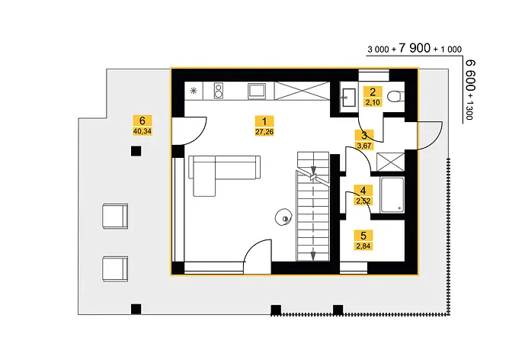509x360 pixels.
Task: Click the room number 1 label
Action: click(x=264, y=121)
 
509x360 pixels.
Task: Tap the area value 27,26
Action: click(x=264, y=132)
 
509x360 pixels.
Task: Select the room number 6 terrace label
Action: click(x=142, y=121)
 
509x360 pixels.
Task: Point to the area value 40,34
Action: click(x=142, y=131)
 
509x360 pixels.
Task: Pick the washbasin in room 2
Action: click(x=348, y=97)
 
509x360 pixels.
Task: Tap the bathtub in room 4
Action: click(x=392, y=195)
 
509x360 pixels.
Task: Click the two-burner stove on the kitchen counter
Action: click(x=219, y=91)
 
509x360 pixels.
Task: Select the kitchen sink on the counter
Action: click(x=257, y=91)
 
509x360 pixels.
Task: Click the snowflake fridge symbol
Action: click(x=194, y=91)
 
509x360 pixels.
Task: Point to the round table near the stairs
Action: click(x=283, y=217)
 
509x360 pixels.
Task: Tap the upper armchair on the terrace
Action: click(x=115, y=216)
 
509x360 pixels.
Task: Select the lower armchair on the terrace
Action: click(x=115, y=268)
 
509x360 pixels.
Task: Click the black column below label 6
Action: click(x=136, y=151)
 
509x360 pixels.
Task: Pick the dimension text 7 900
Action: click(x=415, y=48)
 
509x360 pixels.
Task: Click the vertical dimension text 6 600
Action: click(x=470, y=76)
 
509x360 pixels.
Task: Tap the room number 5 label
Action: click(x=363, y=236)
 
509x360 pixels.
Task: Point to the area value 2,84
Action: click(x=363, y=246)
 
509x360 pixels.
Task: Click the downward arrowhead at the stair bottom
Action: click(x=313, y=256)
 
